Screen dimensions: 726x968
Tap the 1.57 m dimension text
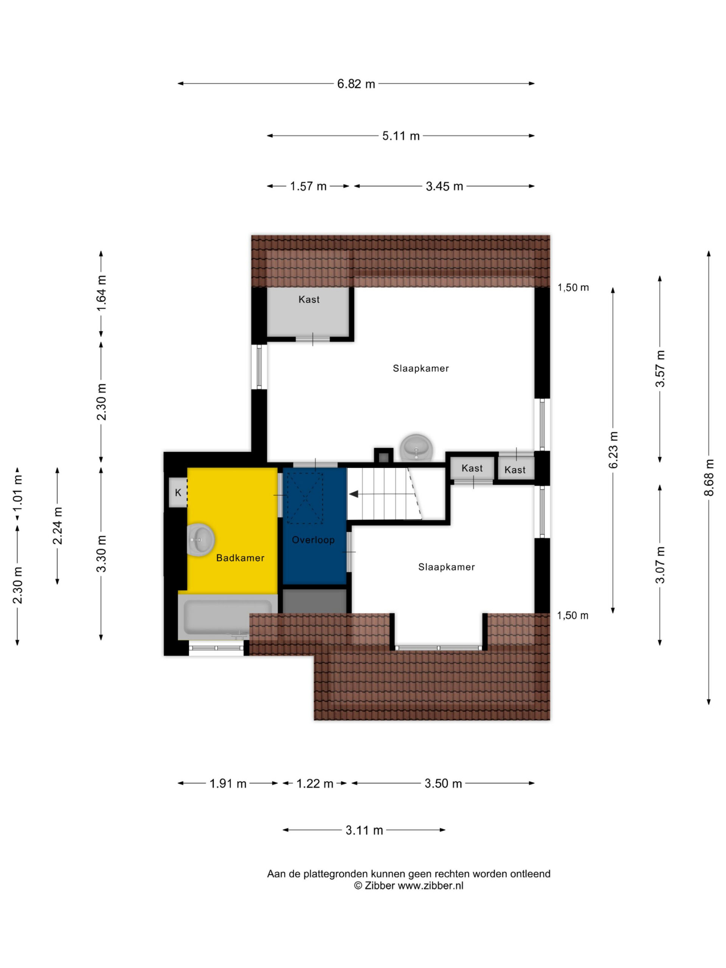point(308,186)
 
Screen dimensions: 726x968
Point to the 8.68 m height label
point(709,478)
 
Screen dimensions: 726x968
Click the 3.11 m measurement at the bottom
point(364,830)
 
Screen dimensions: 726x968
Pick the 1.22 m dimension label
point(315,783)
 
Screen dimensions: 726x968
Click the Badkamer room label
point(240,558)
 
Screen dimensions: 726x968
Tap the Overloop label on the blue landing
point(313,540)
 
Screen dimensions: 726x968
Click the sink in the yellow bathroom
point(200,540)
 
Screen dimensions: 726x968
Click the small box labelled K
point(178,492)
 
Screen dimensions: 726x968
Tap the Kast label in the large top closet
point(309,299)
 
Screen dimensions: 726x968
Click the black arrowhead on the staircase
point(353,494)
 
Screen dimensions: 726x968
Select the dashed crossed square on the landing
point(304,498)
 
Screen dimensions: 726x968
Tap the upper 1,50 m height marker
point(573,287)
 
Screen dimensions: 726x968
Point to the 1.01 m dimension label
point(17,493)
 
